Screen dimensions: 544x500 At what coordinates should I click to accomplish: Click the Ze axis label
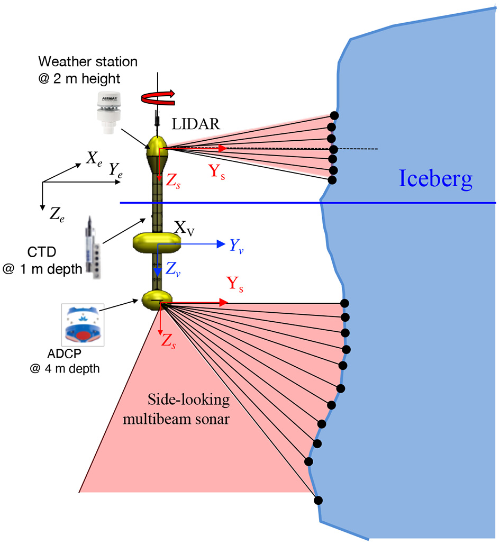56,214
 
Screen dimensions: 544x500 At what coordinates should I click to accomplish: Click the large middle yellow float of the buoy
157,243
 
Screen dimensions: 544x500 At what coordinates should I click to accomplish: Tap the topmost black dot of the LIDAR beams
334,115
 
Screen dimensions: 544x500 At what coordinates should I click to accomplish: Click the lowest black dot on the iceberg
319,500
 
